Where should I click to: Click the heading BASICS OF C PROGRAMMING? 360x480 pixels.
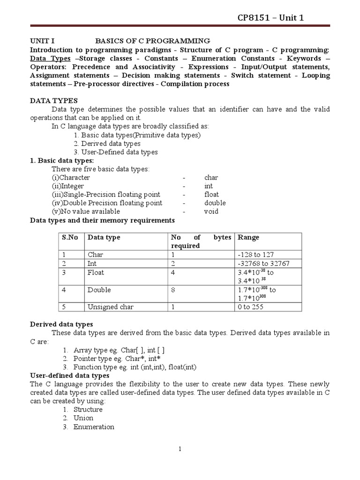[x=153, y=41]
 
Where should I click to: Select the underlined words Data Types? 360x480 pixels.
[x=50, y=59]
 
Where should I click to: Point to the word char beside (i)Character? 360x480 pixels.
[x=211, y=178]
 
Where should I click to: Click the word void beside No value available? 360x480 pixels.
[x=211, y=211]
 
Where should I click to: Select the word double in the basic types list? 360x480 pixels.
[x=215, y=203]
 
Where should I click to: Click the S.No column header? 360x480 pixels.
[x=70, y=238]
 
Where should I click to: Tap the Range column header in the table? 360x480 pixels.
[x=248, y=238]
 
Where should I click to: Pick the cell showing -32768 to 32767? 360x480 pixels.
[x=264, y=263]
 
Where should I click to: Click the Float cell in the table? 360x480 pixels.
[x=96, y=272]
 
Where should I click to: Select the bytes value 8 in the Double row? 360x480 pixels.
[x=173, y=290]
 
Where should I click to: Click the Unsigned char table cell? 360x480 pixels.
[x=110, y=307]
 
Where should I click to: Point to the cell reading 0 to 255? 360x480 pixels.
[x=252, y=307]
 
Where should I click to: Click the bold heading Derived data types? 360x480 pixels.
[x=61, y=324]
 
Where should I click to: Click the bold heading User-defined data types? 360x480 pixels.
[x=70, y=375]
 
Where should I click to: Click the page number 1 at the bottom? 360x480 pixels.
[x=180, y=450]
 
